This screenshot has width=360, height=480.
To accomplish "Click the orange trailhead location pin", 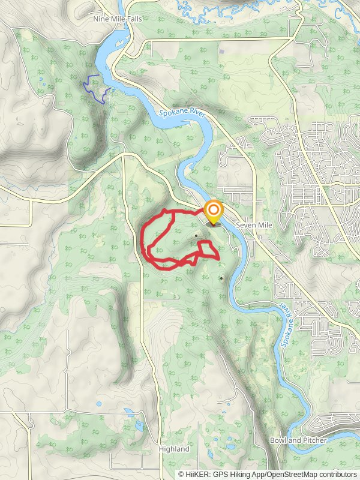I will (214, 211).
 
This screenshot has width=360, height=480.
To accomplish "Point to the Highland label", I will (174, 449).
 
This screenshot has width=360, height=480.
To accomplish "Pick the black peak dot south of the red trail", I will (221, 278).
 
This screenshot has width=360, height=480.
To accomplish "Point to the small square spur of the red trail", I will (208, 249).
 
